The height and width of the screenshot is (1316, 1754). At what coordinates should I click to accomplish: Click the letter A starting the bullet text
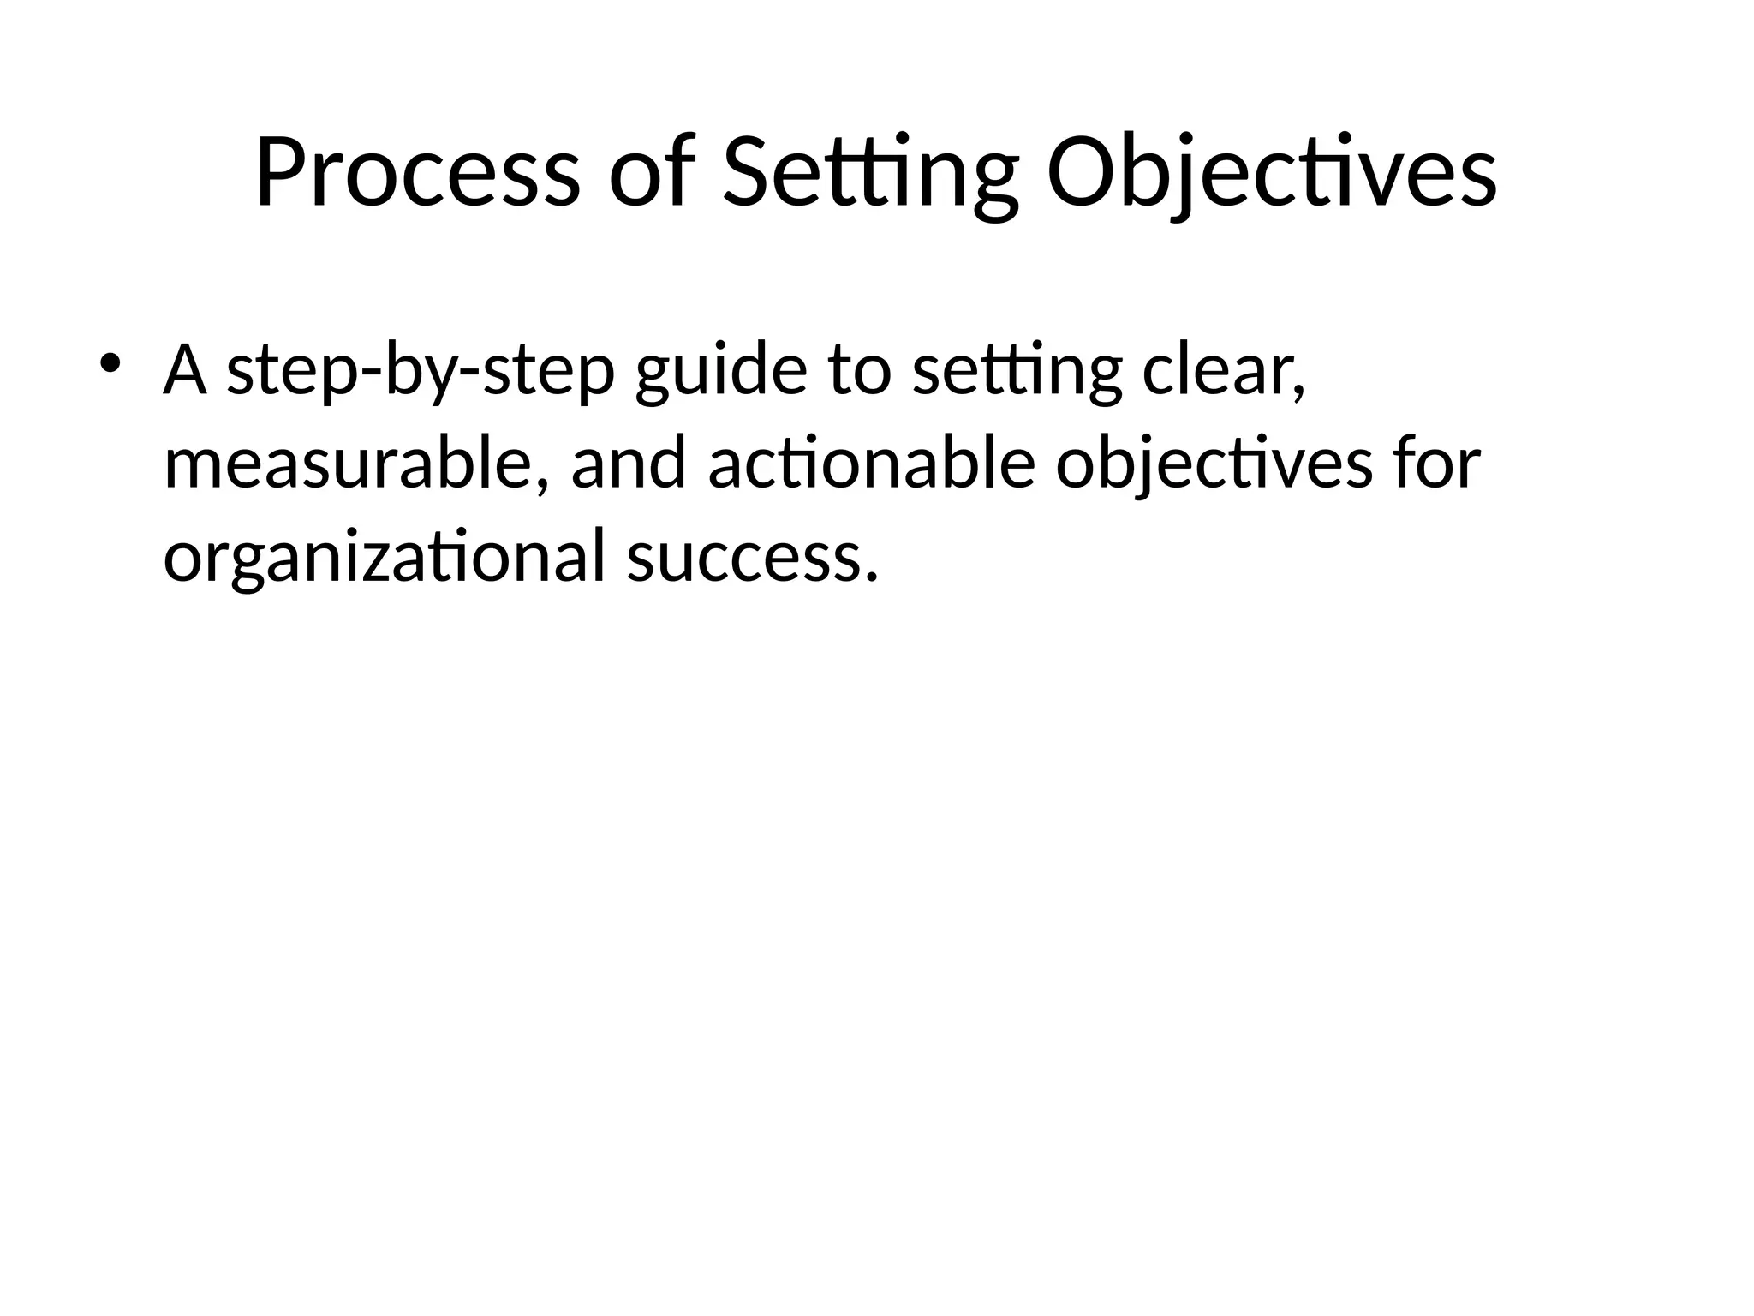tap(185, 370)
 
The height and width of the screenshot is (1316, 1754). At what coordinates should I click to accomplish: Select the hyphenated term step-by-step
tap(421, 370)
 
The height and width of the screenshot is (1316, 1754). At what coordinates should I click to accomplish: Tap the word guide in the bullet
tap(721, 370)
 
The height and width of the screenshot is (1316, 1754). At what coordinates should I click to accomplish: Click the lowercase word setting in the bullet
tap(1017, 370)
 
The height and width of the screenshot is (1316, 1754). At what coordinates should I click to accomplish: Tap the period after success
tap(872, 576)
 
